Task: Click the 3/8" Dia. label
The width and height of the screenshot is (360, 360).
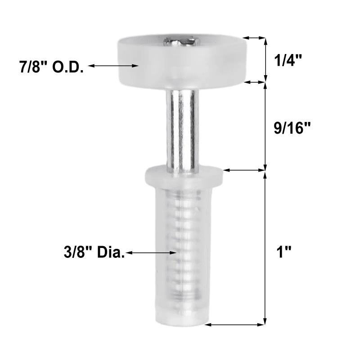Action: pos(94,253)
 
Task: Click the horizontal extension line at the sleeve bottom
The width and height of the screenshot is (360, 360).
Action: pos(236,324)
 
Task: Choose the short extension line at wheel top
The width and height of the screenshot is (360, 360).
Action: pos(253,38)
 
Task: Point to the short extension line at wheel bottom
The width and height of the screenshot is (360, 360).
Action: pos(253,82)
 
